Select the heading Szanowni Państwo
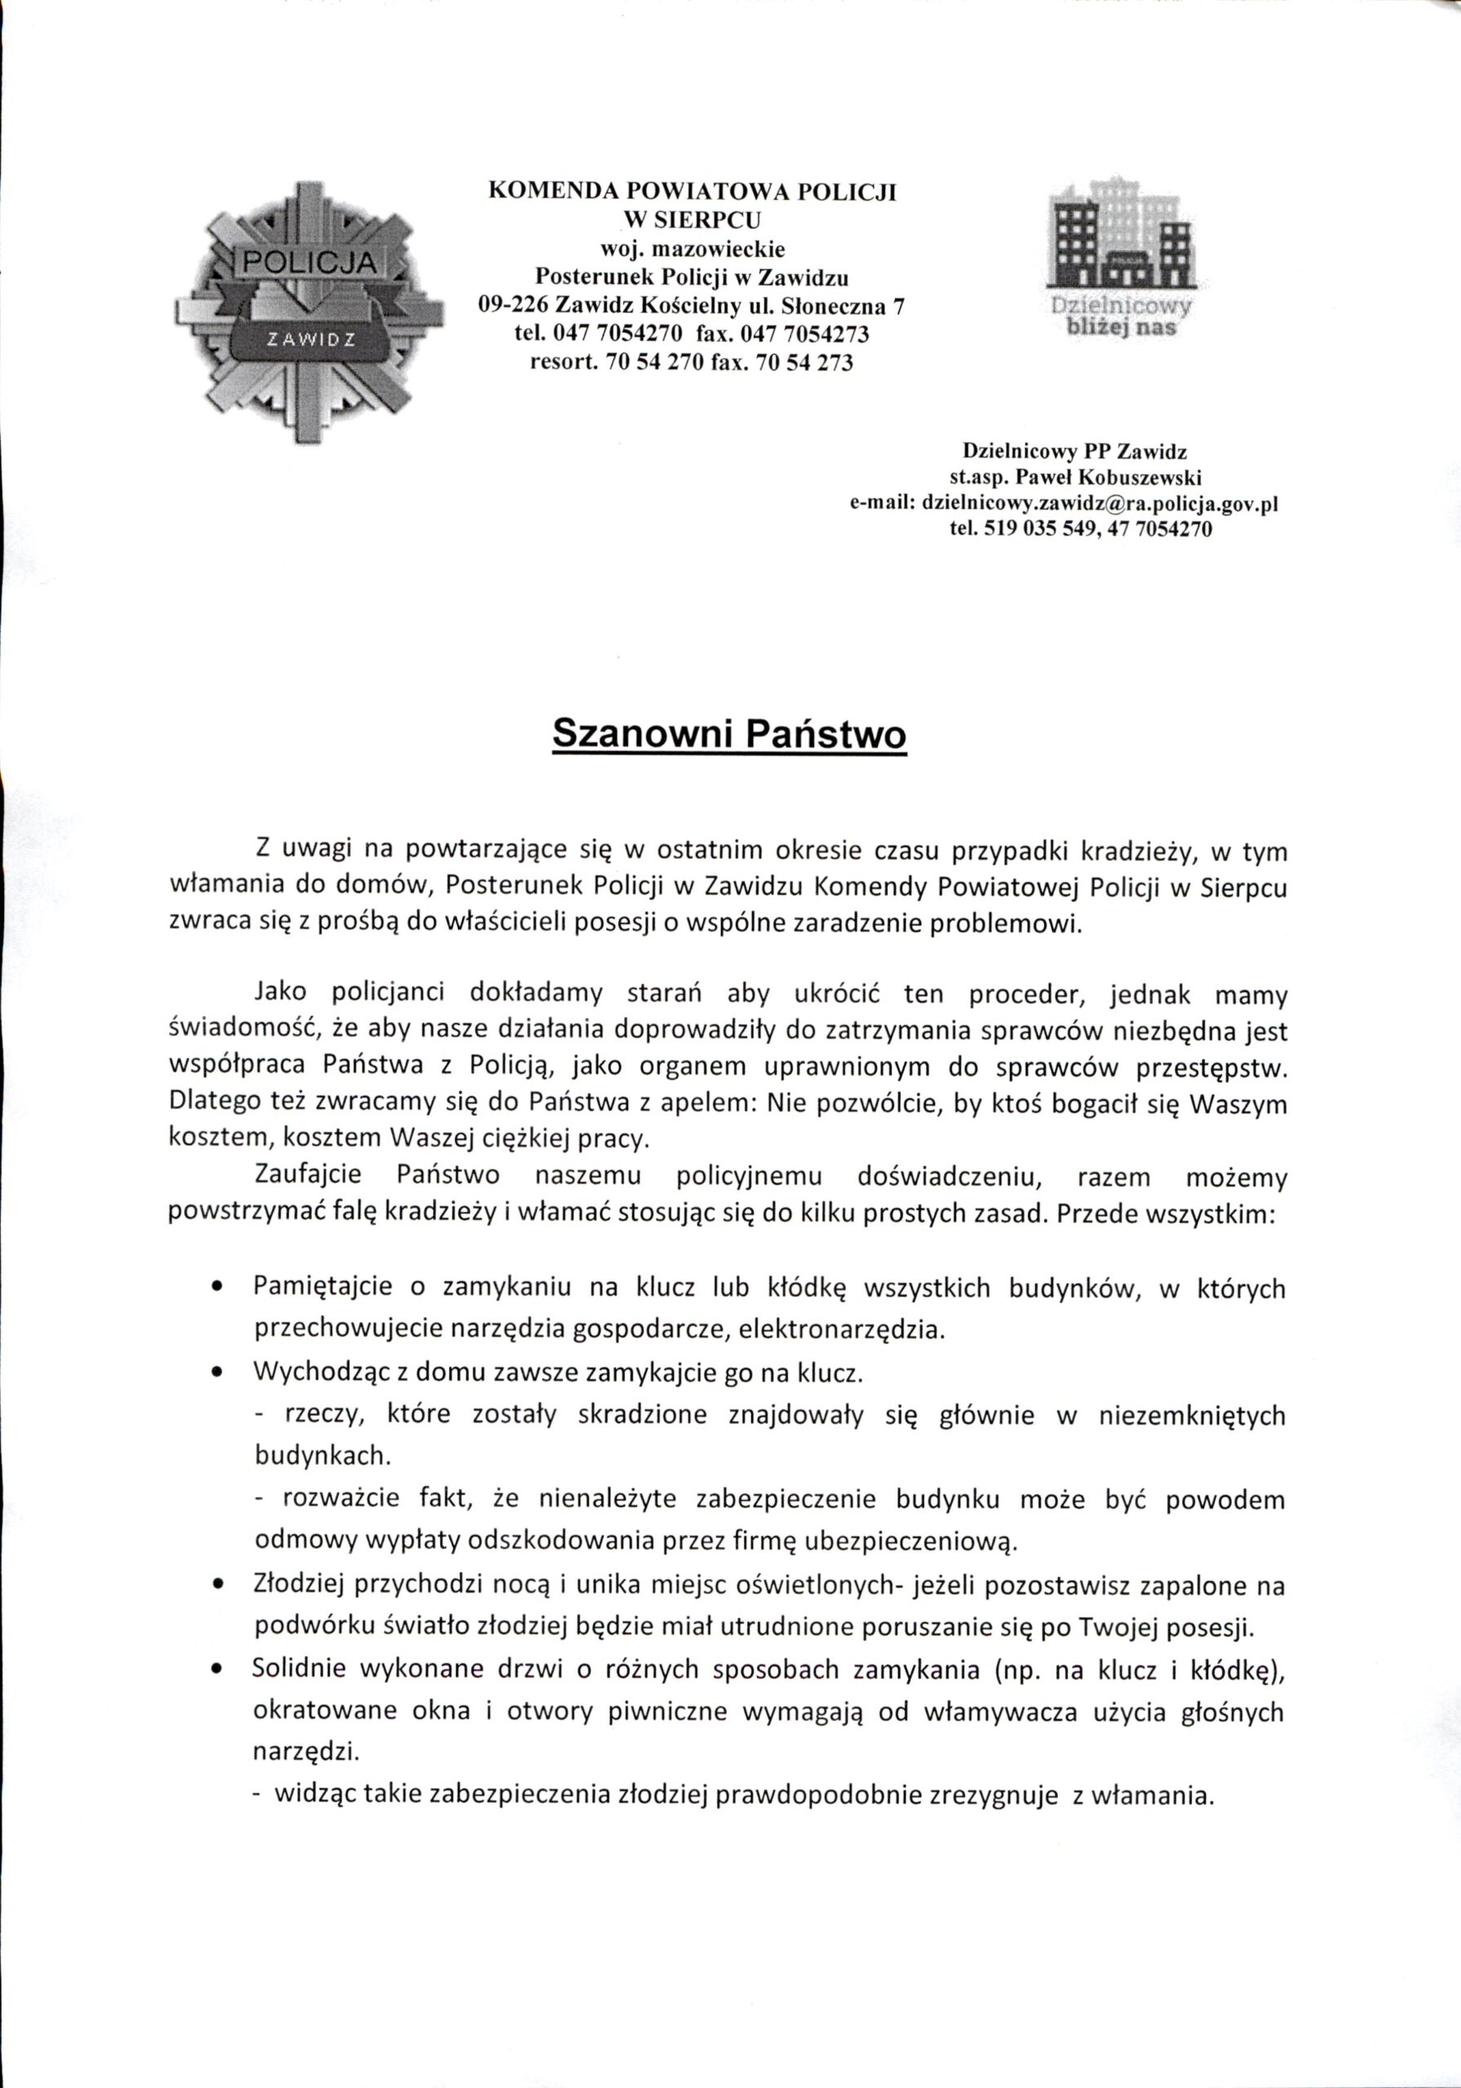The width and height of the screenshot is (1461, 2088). pos(729,734)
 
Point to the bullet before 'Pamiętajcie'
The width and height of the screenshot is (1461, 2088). pos(216,1288)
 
